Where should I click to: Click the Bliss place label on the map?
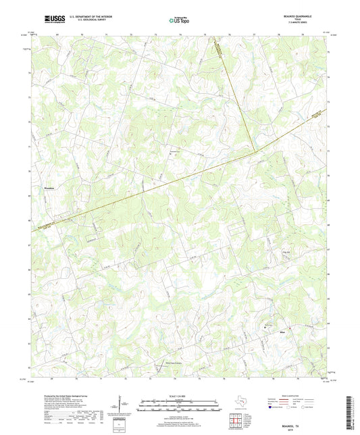coord(282,333)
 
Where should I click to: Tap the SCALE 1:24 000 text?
coord(180,395)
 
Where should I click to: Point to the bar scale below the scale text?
coord(180,406)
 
